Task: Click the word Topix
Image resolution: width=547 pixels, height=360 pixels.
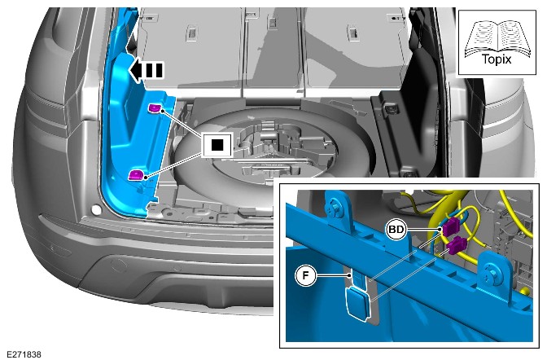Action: pos(497,59)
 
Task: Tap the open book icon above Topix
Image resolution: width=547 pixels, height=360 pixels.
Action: pos(497,37)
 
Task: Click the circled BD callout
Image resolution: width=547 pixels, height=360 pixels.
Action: pos(396,230)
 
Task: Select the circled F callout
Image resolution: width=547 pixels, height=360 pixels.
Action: pos(305,275)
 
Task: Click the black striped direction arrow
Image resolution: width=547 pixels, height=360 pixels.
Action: pos(146,70)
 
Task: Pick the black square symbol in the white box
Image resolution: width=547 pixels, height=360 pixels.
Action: pos(217,145)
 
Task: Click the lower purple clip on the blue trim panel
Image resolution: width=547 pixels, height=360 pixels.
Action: pos(137,174)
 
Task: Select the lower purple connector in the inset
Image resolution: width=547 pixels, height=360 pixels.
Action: pos(457,245)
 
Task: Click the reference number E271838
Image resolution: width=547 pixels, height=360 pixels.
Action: pos(24,354)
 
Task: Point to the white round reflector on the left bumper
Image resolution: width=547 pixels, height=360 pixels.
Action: pos(96,210)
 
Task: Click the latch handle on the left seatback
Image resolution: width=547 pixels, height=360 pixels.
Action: pos(192,31)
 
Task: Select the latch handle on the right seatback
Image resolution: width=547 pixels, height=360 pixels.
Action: pos(353,32)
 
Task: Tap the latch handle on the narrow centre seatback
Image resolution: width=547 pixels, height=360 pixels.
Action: pos(272,22)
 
